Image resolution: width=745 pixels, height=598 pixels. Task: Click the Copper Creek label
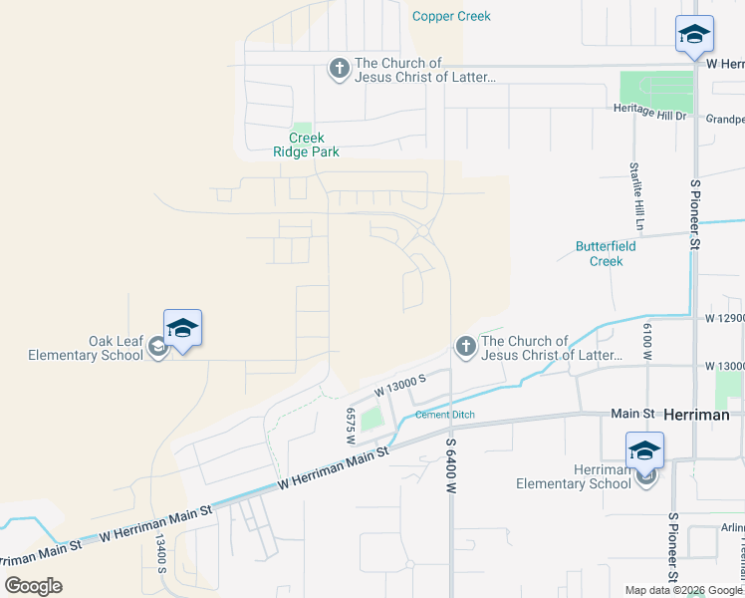tap(451, 17)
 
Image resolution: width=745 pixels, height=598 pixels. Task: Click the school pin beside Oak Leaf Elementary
tap(183, 329)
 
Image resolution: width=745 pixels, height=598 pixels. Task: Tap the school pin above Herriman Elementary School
tap(644, 451)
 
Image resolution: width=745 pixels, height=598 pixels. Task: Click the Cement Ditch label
tap(444, 415)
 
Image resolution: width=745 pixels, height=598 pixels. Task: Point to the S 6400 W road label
tap(450, 468)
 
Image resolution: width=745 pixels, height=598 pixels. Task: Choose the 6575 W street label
tap(351, 420)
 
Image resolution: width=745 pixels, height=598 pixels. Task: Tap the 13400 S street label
tap(160, 553)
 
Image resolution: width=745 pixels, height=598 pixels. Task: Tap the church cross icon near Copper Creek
tap(339, 69)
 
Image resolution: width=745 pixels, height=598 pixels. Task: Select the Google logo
tap(34, 586)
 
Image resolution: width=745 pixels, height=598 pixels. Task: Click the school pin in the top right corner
tap(694, 35)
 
